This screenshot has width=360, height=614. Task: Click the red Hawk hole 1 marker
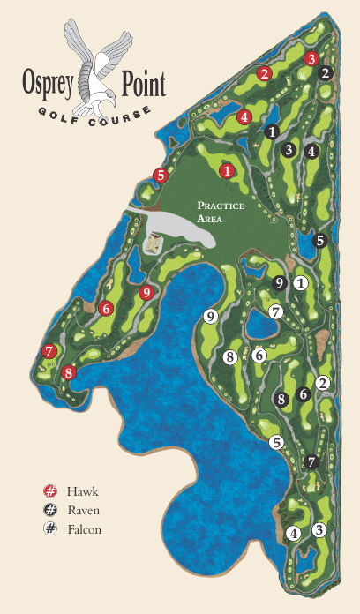pyautogui.click(x=227, y=170)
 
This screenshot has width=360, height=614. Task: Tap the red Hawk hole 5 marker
pyautogui.click(x=160, y=175)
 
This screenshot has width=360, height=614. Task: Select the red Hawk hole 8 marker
pyautogui.click(x=70, y=373)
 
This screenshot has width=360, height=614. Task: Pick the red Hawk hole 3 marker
pyautogui.click(x=311, y=58)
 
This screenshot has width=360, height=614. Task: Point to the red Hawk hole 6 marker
pyautogui.click(x=106, y=308)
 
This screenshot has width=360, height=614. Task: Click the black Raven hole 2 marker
pyautogui.click(x=326, y=73)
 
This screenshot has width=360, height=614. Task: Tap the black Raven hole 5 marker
pyautogui.click(x=320, y=240)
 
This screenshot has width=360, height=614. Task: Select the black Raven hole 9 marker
pyautogui.click(x=280, y=283)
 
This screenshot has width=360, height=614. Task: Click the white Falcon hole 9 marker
pyautogui.click(x=210, y=316)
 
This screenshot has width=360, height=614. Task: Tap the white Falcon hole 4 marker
pyautogui.click(x=294, y=533)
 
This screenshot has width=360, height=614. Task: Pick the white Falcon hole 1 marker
pyautogui.click(x=301, y=283)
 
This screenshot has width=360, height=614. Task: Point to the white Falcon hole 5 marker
pyautogui.click(x=276, y=443)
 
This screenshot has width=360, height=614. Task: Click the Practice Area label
pyautogui.click(x=220, y=211)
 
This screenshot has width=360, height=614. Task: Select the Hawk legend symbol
pyautogui.click(x=50, y=491)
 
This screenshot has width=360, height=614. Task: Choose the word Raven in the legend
pyautogui.click(x=84, y=510)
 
